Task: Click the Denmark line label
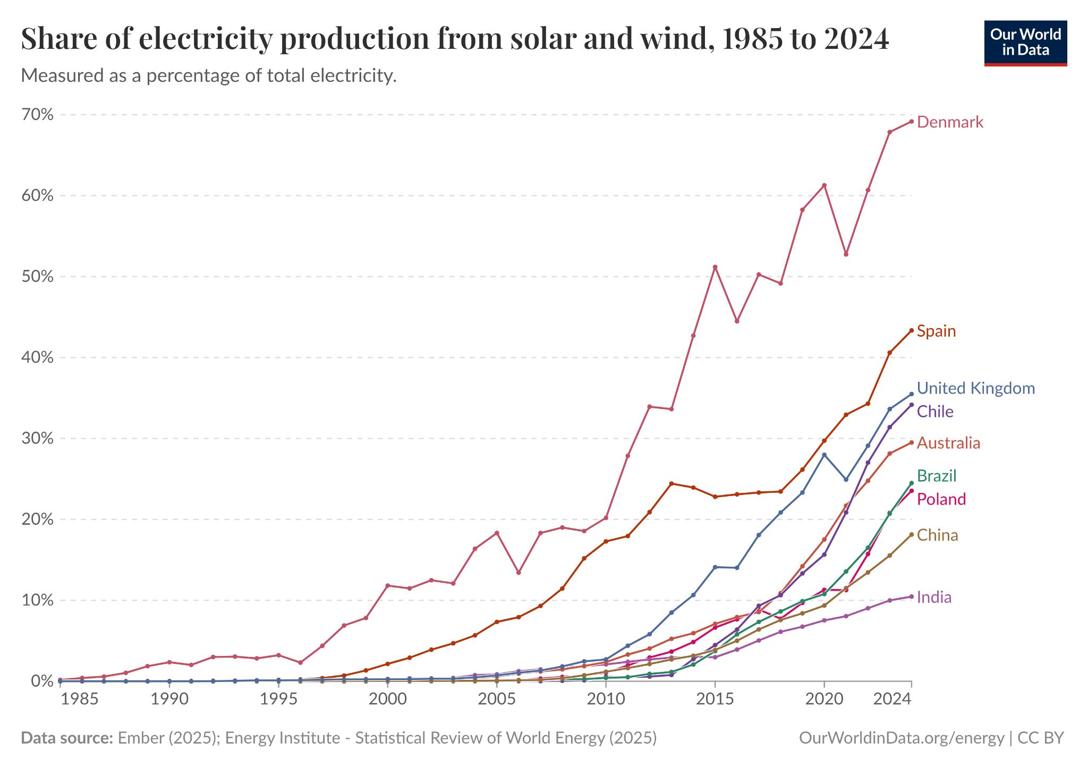click(950, 123)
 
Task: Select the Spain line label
click(936, 331)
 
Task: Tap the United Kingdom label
click(976, 388)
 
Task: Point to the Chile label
click(935, 412)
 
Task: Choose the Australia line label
click(948, 443)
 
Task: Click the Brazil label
click(937, 476)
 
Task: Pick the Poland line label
click(941, 499)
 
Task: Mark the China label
click(938, 535)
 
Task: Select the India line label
click(934, 598)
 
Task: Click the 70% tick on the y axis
click(38, 115)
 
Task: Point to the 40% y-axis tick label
click(38, 357)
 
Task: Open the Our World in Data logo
click(1025, 43)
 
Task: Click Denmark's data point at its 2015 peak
click(715, 267)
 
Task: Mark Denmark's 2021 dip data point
click(846, 254)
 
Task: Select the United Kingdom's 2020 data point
click(824, 455)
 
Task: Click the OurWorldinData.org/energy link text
click(902, 738)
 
